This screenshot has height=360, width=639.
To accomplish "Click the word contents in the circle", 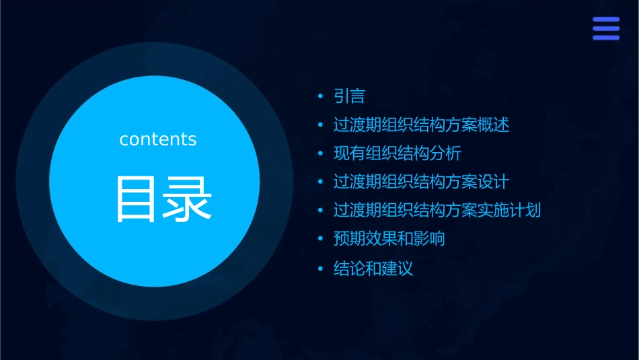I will (x=158, y=139).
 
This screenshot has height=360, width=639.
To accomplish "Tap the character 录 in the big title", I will (x=186, y=199).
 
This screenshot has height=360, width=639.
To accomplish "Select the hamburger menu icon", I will (x=605, y=29).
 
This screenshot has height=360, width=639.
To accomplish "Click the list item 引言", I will (x=349, y=97).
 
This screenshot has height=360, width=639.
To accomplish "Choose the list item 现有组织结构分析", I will (x=398, y=153).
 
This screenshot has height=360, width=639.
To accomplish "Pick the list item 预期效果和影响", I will (x=389, y=239).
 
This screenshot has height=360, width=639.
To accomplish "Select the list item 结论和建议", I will (x=373, y=269).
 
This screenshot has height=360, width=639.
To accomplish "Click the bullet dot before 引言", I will (x=321, y=98).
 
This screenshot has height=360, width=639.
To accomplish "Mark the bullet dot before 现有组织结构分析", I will (x=321, y=154).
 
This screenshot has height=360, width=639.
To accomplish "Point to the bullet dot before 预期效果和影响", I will (x=321, y=240).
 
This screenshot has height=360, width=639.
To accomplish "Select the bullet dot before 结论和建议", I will (x=321, y=270).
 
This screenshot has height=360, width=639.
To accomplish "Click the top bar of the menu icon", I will (x=605, y=20).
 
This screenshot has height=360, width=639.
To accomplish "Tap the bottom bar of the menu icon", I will (x=605, y=38).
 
